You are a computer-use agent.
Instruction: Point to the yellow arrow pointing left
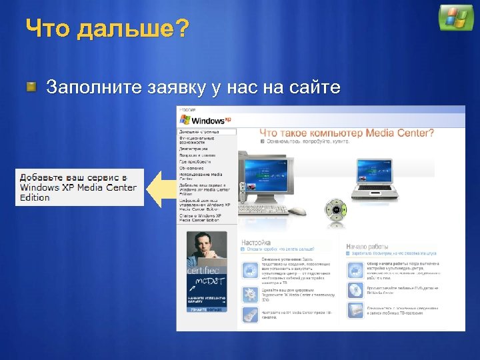[x=161, y=188]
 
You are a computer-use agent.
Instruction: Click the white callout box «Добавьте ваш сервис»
[x=79, y=187]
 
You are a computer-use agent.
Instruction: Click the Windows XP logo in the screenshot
[x=205, y=120]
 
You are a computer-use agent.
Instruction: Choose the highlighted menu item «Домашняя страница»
[x=207, y=132]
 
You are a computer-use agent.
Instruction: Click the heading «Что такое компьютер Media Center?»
[x=347, y=133]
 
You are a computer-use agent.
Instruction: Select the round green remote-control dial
[x=336, y=210]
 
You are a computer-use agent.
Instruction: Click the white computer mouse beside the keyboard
[x=298, y=211]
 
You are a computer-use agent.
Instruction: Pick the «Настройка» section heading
[x=256, y=243]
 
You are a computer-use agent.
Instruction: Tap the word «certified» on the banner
[x=203, y=271]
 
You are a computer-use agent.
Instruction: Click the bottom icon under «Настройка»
[x=249, y=315]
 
